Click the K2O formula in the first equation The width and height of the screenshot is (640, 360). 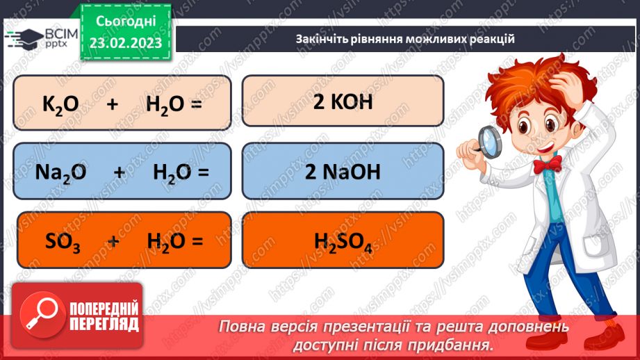(60, 104)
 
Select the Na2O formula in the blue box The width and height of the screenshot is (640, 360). (60, 172)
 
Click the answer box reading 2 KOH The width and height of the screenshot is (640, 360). (343, 101)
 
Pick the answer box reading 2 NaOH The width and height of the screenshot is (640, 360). (343, 172)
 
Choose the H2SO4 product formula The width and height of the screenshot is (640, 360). (343, 241)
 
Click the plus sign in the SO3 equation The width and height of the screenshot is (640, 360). (113, 240)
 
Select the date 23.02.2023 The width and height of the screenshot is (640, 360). (124, 42)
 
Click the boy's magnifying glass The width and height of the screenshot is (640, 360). (489, 142)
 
